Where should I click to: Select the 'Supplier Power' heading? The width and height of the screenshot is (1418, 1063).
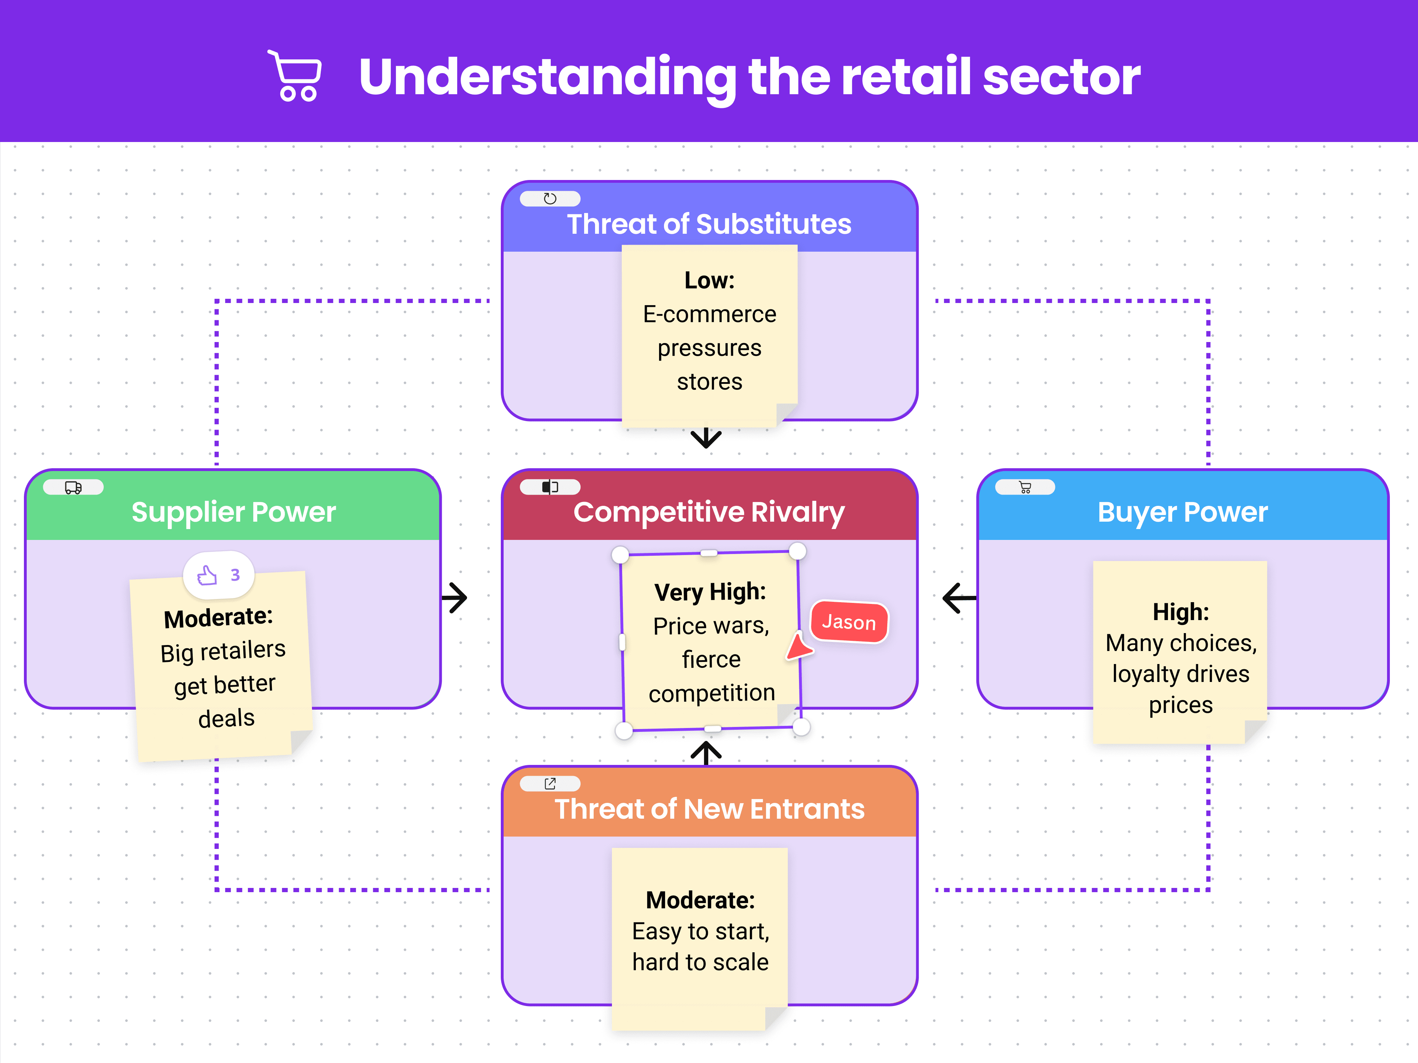coord(233,512)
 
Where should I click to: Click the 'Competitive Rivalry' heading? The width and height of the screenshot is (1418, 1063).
coord(709,512)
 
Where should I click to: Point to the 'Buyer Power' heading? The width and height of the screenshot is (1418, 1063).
coord(1183,512)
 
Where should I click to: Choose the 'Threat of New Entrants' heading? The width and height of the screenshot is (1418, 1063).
coord(709,808)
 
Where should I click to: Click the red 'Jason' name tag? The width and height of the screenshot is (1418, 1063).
coord(849,621)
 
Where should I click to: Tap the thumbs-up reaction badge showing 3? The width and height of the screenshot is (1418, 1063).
coord(219,575)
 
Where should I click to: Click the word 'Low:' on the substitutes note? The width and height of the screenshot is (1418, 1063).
coord(709,280)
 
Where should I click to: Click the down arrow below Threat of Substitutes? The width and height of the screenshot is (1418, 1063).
coord(707,438)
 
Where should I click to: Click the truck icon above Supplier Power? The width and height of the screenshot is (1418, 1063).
coord(73,488)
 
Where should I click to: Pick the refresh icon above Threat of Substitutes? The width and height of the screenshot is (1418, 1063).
coord(550,199)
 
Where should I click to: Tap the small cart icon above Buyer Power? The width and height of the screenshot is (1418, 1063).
coord(1025,488)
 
